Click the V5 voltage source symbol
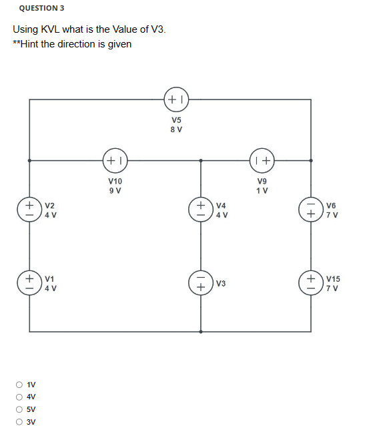point(177,99)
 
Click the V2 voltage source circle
point(30,207)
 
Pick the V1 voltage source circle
point(30,280)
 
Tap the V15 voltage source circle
point(311,280)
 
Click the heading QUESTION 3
point(42,8)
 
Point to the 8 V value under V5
point(177,130)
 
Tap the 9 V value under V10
point(115,190)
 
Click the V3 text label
point(222,284)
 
